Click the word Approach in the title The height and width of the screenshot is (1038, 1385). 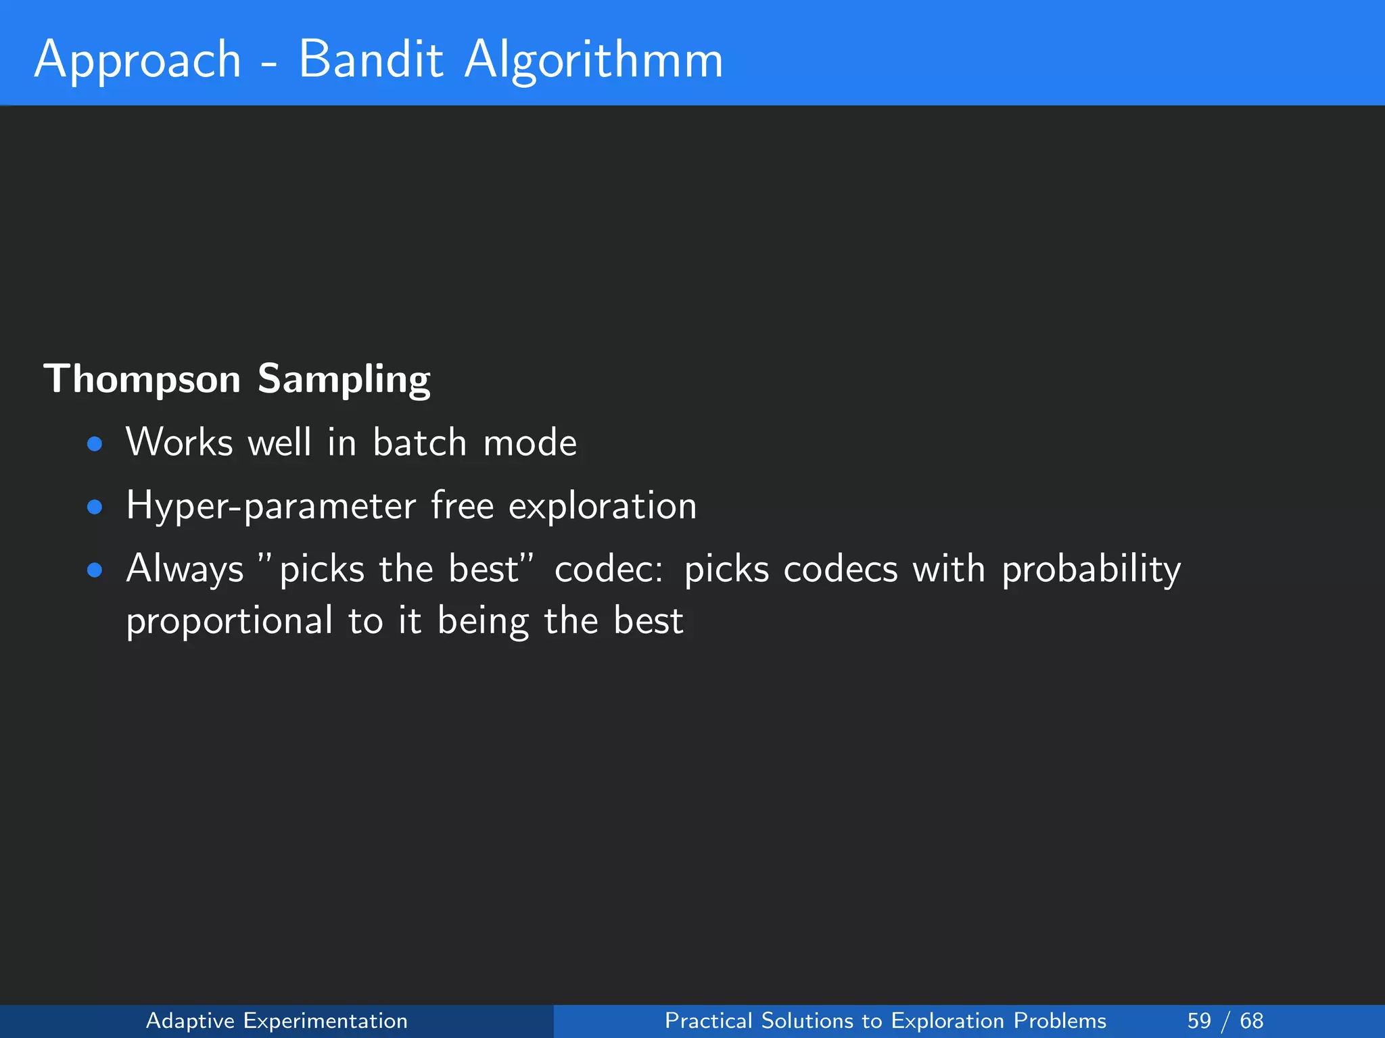click(x=138, y=61)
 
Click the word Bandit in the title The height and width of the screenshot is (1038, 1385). click(x=371, y=59)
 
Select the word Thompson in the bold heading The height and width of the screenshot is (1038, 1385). click(x=142, y=380)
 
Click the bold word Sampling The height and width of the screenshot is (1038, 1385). click(x=344, y=380)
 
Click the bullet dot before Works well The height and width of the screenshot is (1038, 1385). click(x=95, y=444)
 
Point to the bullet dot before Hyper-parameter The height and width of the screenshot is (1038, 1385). click(x=95, y=507)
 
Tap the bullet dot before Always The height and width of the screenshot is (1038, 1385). click(x=95, y=570)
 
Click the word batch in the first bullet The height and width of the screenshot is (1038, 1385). click(x=419, y=443)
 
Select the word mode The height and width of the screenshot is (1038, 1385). click(x=530, y=443)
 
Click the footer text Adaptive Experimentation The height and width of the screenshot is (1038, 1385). click(x=277, y=1020)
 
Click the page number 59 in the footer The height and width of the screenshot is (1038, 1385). click(x=1199, y=1020)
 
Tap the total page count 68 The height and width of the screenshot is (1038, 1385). click(x=1251, y=1020)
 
